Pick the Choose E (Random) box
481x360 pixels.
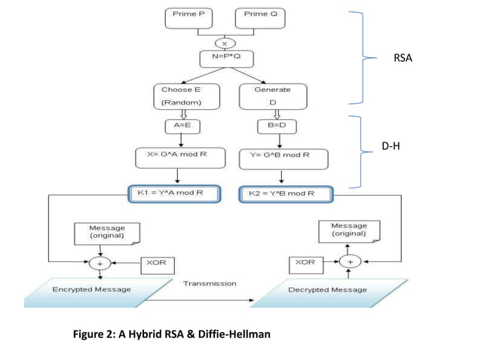pos(182,96)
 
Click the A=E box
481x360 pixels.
pos(182,126)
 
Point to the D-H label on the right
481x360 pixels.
pos(391,148)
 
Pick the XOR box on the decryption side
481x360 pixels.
pos(305,264)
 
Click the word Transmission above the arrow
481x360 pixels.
pos(210,284)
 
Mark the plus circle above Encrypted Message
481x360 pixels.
pos(100,264)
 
